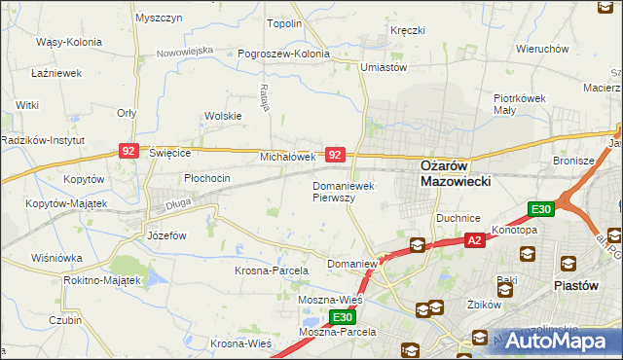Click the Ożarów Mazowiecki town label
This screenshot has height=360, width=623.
coord(455,173)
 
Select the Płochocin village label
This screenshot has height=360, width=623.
coord(207,178)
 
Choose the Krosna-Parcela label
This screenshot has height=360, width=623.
coord(272,270)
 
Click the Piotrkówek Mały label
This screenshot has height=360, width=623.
coord(524,104)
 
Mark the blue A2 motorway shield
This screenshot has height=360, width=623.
coord(474,240)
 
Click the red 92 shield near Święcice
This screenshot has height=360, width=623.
coord(129,151)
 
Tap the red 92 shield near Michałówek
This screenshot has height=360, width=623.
coord(335,155)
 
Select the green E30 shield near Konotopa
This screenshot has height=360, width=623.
coord(541,209)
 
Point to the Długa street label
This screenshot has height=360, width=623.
coord(177,203)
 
